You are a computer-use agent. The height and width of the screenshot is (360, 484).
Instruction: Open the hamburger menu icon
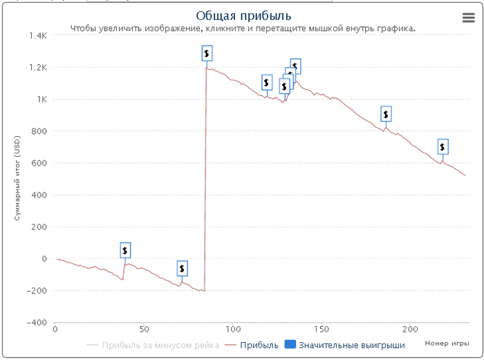pos(468,19)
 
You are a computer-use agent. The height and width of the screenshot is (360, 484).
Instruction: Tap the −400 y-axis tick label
pos(36,323)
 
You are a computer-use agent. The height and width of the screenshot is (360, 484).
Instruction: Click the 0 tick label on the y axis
pos(44,259)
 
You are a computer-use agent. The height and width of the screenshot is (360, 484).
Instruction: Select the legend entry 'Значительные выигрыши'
pos(351,345)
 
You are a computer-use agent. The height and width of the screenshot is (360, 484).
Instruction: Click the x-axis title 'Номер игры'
pos(446,343)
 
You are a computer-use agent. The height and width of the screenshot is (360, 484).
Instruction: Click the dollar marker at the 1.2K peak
pos(207,53)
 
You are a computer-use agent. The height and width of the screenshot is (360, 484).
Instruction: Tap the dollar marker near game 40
pos(125,250)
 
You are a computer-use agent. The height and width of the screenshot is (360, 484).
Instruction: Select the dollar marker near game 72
pos(182,268)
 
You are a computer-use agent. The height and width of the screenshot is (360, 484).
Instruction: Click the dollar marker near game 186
pos(386,114)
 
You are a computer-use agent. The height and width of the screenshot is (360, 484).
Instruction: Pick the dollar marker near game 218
pos(443,146)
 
